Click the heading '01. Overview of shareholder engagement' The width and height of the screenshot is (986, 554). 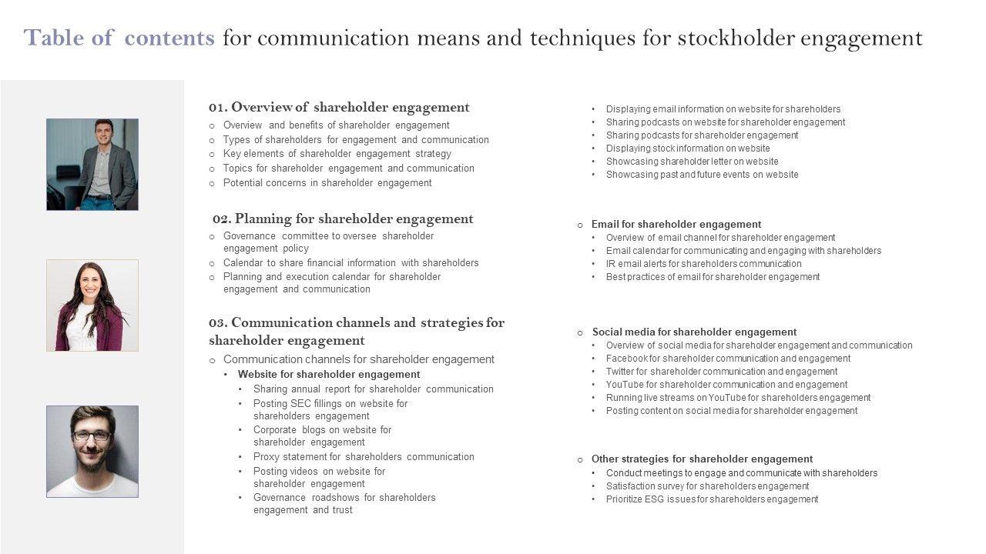click(339, 108)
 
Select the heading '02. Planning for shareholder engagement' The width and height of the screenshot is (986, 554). click(343, 219)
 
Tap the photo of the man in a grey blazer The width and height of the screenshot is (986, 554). click(92, 165)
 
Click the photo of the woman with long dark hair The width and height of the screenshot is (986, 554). click(92, 305)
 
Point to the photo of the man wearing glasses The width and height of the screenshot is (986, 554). click(92, 452)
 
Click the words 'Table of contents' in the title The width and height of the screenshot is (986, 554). click(119, 38)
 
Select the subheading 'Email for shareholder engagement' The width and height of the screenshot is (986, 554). click(676, 225)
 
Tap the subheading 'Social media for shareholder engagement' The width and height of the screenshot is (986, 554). click(693, 332)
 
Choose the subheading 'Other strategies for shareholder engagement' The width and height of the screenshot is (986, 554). click(702, 459)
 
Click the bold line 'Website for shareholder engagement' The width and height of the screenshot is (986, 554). click(329, 375)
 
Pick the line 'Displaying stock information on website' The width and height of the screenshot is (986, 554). click(688, 149)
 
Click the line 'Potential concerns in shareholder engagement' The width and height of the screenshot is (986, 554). click(327, 183)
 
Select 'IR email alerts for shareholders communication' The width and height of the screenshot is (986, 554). click(703, 264)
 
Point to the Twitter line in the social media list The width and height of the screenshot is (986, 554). click(721, 372)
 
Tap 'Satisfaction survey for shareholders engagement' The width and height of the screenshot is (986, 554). click(707, 486)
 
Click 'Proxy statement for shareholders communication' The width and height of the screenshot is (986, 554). click(364, 457)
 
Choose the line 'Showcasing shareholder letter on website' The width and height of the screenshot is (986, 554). click(692, 162)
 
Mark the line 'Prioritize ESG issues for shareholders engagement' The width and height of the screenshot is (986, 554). click(712, 499)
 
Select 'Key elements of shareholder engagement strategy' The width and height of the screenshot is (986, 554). click(337, 154)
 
